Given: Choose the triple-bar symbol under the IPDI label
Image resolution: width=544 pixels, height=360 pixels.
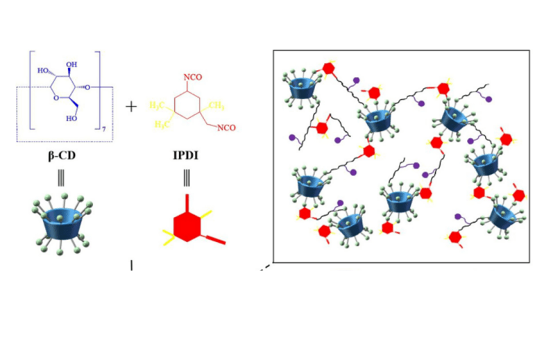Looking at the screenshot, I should coord(186,178).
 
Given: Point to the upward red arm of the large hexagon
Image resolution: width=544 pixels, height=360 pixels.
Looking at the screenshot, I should coord(186,203).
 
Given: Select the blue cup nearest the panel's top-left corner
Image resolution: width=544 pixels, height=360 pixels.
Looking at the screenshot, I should coord(300,89).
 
